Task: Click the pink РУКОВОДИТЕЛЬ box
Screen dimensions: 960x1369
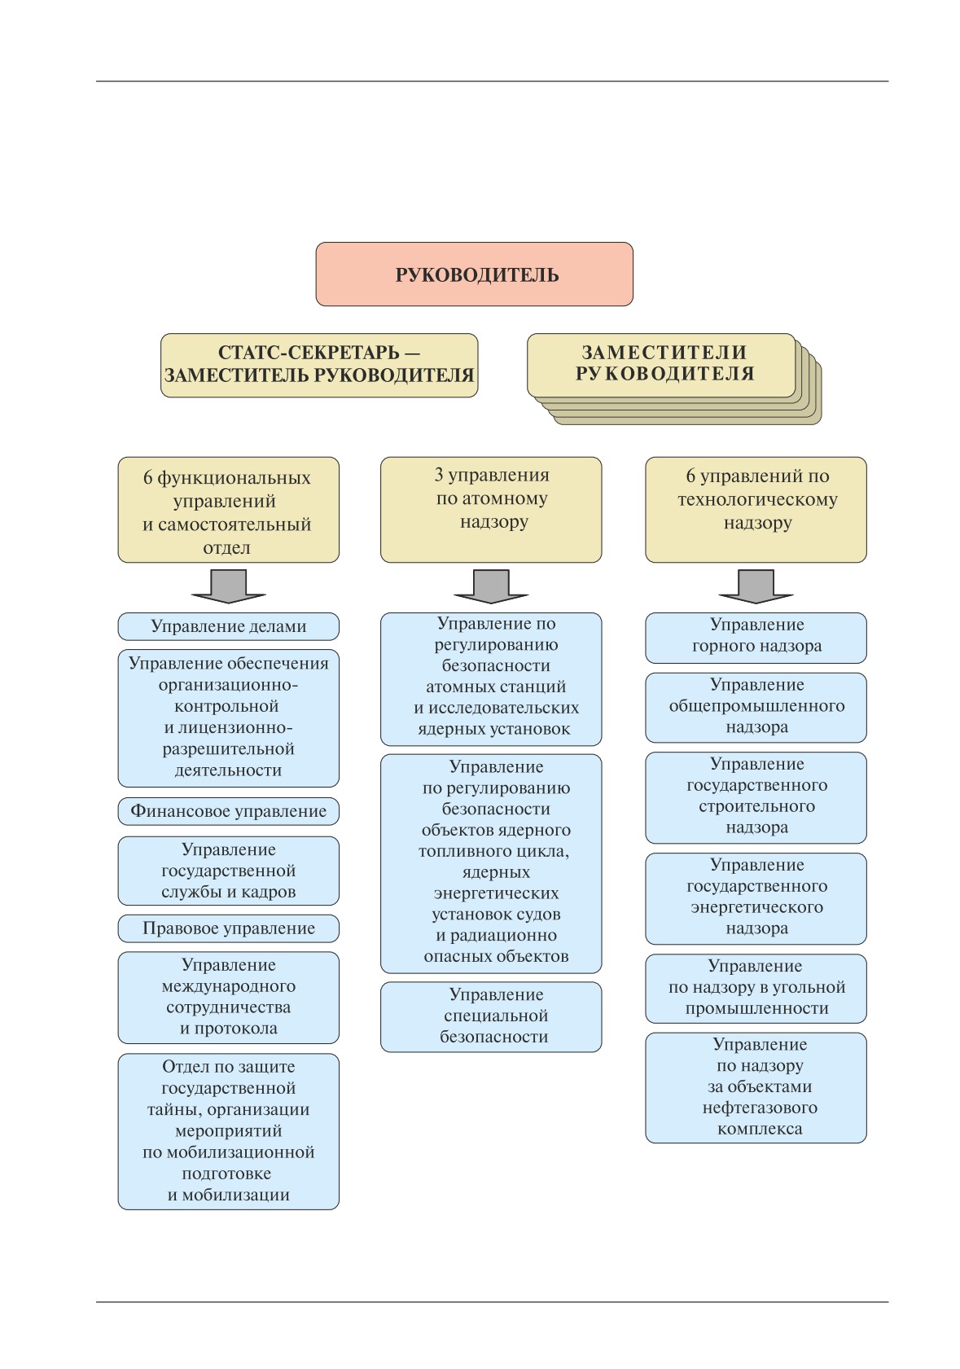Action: (474, 274)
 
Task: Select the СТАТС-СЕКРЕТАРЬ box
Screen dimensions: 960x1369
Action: (319, 365)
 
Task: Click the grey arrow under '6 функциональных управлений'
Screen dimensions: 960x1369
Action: (229, 586)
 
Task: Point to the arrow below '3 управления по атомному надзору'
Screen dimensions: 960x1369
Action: (491, 586)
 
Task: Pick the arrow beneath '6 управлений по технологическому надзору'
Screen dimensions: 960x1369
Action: (756, 586)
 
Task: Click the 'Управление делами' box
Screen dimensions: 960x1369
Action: (229, 626)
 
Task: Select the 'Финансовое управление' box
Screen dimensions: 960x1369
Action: (229, 811)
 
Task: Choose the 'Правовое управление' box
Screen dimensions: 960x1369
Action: (229, 928)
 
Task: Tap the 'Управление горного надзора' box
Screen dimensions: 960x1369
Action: (756, 638)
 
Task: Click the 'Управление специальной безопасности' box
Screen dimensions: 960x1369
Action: (491, 1017)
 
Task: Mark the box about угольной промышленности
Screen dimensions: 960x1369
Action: (756, 988)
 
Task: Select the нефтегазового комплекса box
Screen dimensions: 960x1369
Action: (756, 1088)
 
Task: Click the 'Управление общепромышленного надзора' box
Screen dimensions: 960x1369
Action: (756, 707)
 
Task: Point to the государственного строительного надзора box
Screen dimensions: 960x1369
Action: (756, 797)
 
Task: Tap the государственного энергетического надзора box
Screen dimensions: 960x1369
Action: (756, 898)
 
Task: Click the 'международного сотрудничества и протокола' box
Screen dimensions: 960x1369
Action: (229, 998)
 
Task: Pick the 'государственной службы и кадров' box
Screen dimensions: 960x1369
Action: (229, 871)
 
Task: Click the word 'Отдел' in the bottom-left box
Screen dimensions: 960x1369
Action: (185, 1067)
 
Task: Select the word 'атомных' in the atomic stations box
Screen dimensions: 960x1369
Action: (460, 687)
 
